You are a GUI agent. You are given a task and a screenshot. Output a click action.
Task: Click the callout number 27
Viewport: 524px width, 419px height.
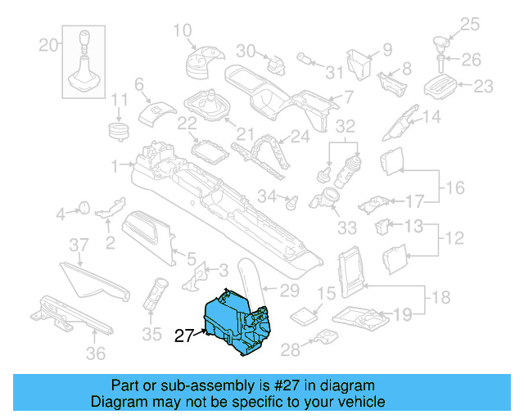[x=183, y=335]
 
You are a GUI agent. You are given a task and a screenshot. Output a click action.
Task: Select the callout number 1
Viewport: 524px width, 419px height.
[x=115, y=164]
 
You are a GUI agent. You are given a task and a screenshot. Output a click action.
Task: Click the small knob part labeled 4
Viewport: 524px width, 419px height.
[x=82, y=209]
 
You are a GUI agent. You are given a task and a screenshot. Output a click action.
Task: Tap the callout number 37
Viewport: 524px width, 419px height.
[x=78, y=246]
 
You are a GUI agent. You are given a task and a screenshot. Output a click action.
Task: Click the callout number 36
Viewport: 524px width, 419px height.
[x=96, y=354]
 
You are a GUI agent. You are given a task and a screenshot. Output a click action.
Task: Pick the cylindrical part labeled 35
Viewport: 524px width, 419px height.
[x=155, y=294]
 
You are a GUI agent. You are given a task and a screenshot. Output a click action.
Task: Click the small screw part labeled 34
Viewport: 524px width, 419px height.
[x=290, y=199]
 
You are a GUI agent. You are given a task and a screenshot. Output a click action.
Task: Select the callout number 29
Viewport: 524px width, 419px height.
[x=289, y=290]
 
